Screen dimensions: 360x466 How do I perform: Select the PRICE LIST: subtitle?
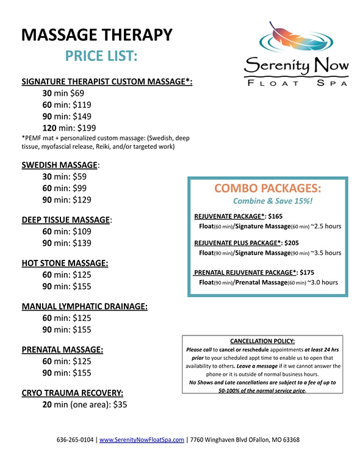click(x=101, y=57)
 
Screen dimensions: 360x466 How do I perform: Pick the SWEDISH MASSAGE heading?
click(x=59, y=165)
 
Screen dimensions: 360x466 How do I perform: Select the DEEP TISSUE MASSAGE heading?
click(x=67, y=219)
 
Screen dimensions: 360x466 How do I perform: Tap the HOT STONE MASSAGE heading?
click(x=65, y=263)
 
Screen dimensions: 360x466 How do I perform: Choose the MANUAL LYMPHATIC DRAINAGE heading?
click(x=84, y=306)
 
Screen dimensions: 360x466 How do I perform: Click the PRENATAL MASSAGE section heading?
click(x=62, y=349)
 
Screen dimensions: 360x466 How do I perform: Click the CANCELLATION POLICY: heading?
click(x=262, y=340)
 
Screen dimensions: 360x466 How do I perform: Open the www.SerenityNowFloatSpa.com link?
click(x=142, y=439)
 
